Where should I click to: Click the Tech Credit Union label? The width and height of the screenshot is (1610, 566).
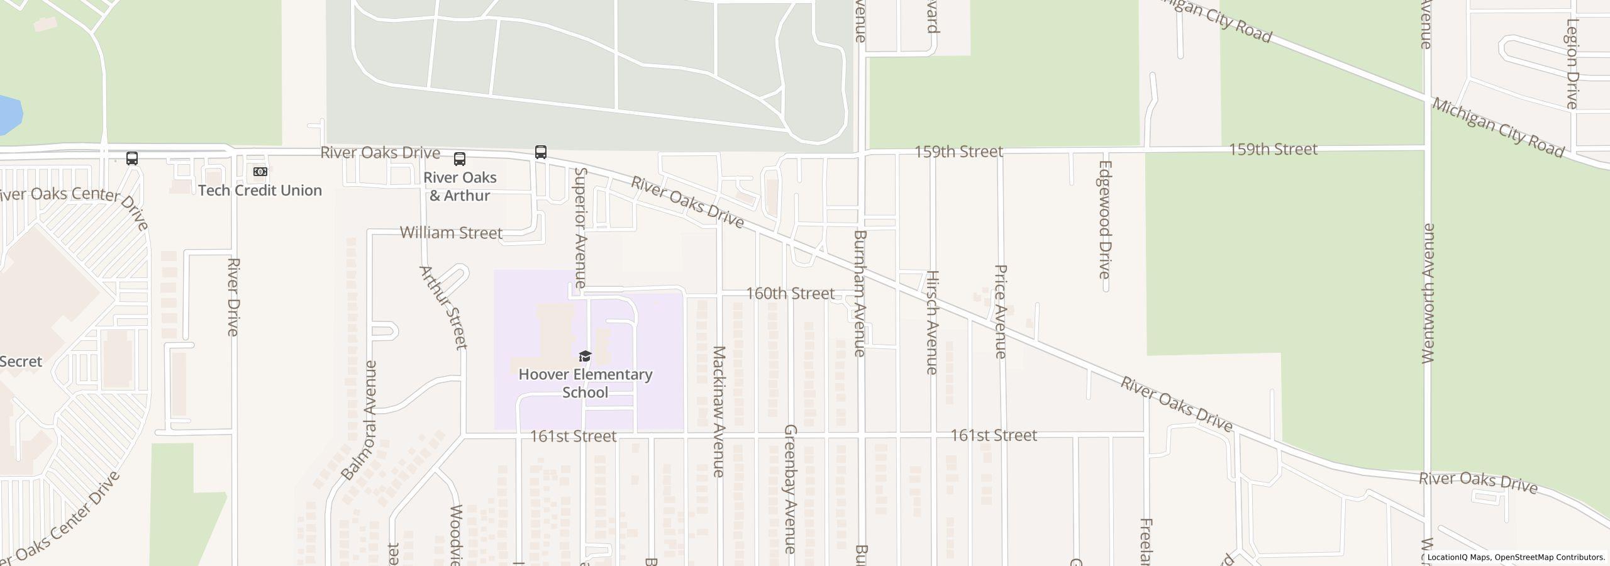click(260, 190)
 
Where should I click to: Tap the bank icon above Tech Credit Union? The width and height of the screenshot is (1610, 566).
click(260, 172)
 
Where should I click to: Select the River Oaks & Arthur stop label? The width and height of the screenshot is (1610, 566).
click(460, 186)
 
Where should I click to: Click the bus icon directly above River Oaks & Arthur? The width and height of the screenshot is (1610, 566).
click(460, 158)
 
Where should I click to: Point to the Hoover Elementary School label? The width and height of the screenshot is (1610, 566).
click(585, 383)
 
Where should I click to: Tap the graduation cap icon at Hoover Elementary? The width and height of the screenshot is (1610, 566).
click(585, 357)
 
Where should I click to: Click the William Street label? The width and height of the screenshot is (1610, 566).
click(451, 233)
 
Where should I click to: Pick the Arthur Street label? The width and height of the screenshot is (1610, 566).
click(443, 307)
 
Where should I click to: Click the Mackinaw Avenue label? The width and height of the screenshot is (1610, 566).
click(719, 411)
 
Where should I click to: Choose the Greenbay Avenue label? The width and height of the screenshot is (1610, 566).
click(791, 489)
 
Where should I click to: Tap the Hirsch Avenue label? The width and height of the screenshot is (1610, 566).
click(932, 322)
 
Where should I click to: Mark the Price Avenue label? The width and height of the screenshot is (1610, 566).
click(1001, 311)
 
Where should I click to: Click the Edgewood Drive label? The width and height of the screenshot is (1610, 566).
click(1104, 219)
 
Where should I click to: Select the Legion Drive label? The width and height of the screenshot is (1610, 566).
click(1572, 64)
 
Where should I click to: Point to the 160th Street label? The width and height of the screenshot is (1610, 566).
click(790, 294)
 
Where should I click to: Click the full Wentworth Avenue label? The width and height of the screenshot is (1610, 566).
click(1428, 293)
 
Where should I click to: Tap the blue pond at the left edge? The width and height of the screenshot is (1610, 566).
click(9, 115)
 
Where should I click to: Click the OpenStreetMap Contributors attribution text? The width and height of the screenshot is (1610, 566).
click(1550, 557)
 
